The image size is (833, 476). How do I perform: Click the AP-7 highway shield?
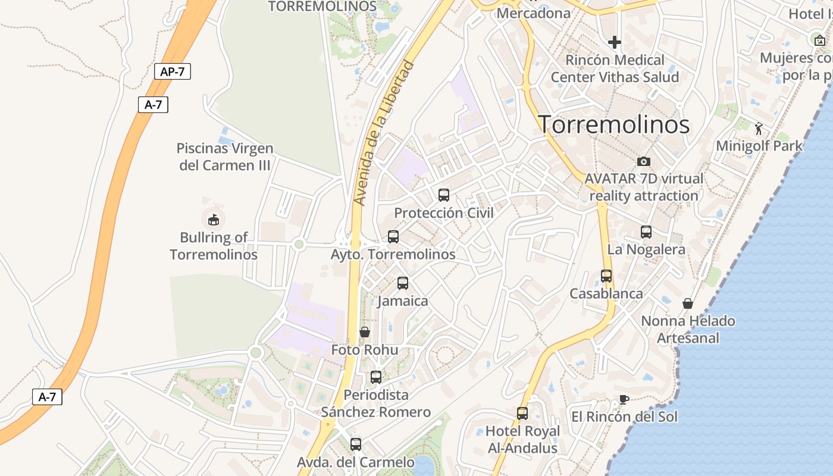tap(173, 72)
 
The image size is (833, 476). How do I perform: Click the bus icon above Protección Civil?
tap(444, 195)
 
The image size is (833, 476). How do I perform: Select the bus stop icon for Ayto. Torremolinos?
tap(393, 237)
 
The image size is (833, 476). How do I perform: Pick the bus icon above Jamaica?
tap(403, 283)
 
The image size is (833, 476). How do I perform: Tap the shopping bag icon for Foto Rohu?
tap(365, 332)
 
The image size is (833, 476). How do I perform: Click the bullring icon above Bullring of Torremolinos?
tap(214, 220)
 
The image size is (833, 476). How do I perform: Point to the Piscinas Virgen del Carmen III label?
tap(225, 156)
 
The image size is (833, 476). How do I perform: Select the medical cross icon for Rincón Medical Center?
tap(615, 42)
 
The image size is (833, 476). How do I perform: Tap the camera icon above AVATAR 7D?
tap(644, 161)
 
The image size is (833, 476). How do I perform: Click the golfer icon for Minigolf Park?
tap(759, 129)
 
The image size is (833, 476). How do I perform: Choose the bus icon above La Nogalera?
tap(646, 232)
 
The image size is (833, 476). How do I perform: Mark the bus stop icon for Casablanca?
tap(606, 276)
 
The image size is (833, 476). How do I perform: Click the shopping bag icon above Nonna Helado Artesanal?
tap(688, 303)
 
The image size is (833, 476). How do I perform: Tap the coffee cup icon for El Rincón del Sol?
tap(624, 399)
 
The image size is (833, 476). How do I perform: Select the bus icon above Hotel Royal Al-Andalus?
tap(522, 414)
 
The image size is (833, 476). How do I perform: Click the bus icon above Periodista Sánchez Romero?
tap(376, 377)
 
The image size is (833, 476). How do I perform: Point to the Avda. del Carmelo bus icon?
tap(356, 444)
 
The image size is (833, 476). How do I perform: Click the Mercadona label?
tap(533, 12)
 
